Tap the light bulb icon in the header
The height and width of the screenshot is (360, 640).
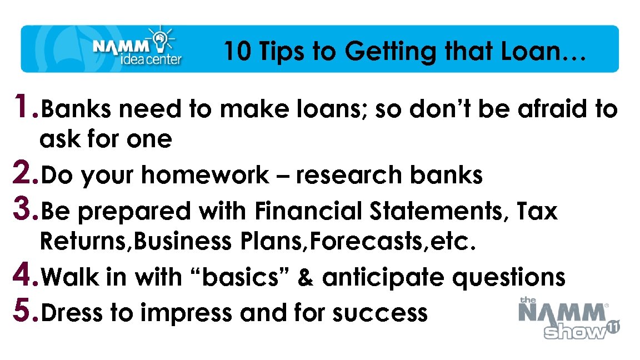coord(161,37)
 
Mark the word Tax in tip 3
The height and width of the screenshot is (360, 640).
coord(536,211)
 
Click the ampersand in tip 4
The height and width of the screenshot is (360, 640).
coord(306,277)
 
